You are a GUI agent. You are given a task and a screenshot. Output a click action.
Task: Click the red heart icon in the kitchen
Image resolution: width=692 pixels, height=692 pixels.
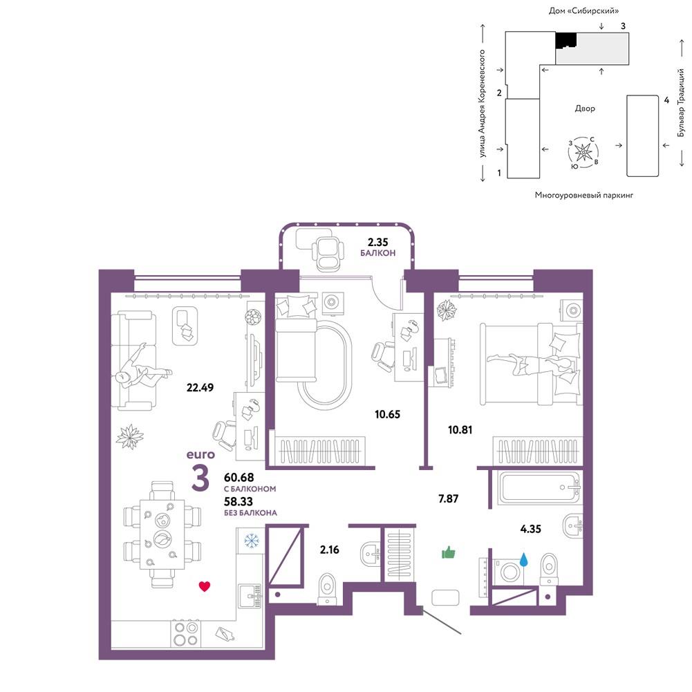pos(205,586)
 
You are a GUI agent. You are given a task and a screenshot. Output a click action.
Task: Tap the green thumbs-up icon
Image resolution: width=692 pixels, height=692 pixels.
pos(449,552)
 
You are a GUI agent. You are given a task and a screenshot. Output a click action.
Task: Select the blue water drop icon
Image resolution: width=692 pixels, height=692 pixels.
pos(524,559)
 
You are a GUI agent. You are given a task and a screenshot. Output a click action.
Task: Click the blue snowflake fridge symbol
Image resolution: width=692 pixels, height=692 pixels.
pos(252,540)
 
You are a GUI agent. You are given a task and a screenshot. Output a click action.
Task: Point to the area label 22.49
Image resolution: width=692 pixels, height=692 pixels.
pos(200,388)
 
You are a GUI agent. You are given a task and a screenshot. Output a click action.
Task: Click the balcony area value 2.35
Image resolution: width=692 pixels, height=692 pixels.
pos(377,242)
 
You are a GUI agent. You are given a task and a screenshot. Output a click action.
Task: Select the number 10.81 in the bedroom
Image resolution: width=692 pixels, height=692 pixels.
pos(460,429)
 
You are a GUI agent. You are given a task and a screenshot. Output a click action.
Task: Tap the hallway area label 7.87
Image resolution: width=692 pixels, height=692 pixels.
pos(449,498)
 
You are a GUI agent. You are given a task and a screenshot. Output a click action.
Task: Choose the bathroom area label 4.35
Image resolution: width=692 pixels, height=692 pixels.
pos(530,529)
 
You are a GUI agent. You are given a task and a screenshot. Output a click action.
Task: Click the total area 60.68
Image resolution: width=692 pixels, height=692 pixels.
pos(239,478)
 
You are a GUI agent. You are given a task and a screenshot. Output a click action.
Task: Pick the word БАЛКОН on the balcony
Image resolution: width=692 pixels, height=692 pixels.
pos(377,253)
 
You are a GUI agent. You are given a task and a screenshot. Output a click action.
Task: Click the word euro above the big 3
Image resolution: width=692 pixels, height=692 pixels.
pos(200,455)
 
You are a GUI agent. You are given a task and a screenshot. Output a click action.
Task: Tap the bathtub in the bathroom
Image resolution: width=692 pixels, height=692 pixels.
pos(539,487)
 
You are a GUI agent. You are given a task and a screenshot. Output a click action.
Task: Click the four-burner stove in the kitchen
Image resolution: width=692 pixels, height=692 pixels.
pos(185,634)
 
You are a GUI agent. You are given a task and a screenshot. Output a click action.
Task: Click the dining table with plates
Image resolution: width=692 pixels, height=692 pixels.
pos(162,534)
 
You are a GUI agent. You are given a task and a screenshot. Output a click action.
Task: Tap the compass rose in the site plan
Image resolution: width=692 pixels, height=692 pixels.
pos(583,153)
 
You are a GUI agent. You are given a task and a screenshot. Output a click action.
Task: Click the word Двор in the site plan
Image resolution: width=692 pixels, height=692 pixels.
pos(585,109)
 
